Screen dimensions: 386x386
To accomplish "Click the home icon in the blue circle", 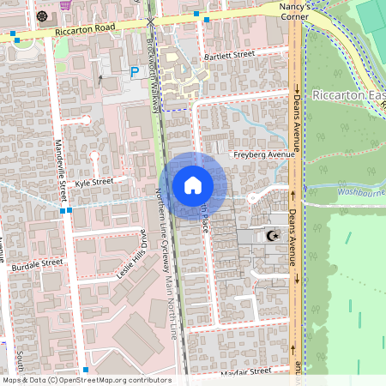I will pyautogui.click(x=192, y=185).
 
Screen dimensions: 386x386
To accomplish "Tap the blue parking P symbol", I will pyautogui.click(x=135, y=73).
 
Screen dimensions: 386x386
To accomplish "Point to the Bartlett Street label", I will pyautogui.click(x=230, y=55).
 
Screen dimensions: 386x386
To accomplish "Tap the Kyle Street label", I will pyautogui.click(x=93, y=183).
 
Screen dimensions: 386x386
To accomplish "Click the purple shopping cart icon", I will pyautogui.click(x=65, y=4).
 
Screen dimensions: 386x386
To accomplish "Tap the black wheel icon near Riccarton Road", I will pyautogui.click(x=42, y=15).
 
